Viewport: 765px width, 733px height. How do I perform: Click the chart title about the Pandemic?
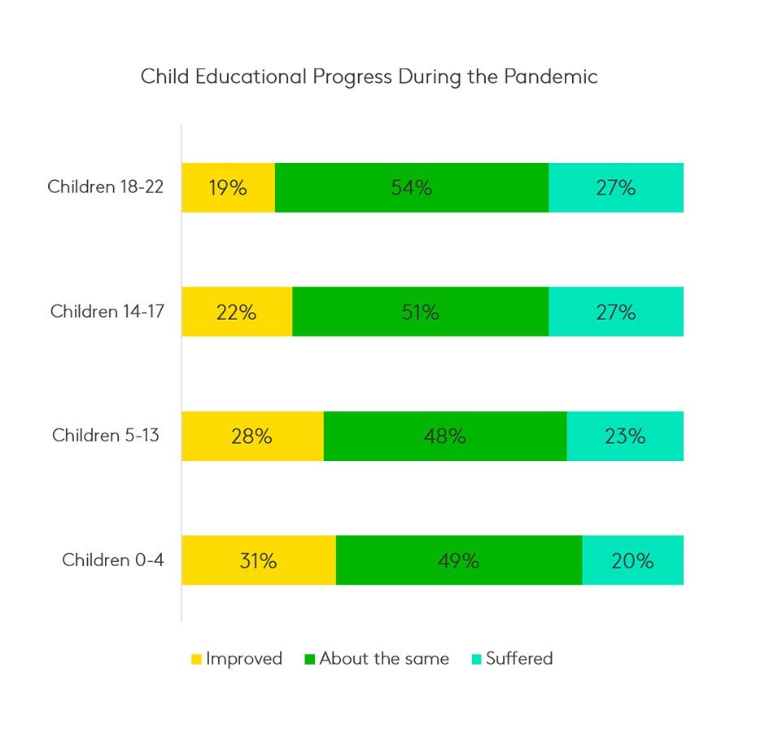(x=369, y=77)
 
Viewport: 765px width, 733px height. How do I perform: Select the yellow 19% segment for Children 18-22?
(x=228, y=187)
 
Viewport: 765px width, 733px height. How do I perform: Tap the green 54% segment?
(x=412, y=187)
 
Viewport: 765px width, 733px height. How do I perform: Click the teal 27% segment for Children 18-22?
(x=616, y=187)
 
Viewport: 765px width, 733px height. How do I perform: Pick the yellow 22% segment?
(x=237, y=312)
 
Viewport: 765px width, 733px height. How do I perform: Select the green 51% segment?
(x=421, y=312)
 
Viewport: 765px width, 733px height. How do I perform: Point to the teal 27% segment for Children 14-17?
(x=616, y=312)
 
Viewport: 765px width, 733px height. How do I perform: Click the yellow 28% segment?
(x=252, y=436)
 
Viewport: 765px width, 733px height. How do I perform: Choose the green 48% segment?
(x=445, y=436)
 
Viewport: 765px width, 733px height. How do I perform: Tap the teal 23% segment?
(x=625, y=436)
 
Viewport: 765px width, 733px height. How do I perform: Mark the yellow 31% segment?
(x=258, y=560)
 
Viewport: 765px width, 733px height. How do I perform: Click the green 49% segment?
(x=459, y=560)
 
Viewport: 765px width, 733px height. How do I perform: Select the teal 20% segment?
(x=633, y=560)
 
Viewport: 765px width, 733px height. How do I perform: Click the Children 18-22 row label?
(x=105, y=187)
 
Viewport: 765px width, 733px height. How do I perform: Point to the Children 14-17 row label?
(x=107, y=311)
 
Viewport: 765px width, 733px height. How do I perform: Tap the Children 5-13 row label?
(x=106, y=435)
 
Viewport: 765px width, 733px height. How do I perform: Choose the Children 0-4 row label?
(x=112, y=560)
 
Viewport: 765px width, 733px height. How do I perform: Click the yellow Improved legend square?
(x=196, y=659)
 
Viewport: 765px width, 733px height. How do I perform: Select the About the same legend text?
(x=383, y=658)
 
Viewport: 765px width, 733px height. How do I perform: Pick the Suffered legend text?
(x=519, y=658)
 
